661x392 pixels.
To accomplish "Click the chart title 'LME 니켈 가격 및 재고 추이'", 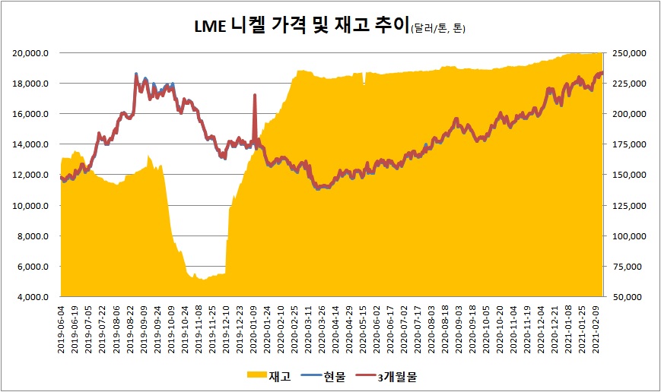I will coord(300,27).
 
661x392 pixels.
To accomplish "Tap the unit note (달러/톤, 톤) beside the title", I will coord(437,30).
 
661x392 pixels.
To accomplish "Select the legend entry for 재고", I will coord(267,375).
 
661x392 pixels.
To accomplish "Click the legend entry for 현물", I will coord(324,375).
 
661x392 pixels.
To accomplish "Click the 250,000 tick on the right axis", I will coord(629,53).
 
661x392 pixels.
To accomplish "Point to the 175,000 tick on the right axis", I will coord(629,144).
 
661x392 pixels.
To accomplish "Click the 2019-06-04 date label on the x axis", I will coord(62,329).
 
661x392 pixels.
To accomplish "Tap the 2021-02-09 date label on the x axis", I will coord(598,329).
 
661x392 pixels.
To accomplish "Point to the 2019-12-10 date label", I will coord(226,329).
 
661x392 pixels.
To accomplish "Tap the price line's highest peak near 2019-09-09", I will coord(136,74).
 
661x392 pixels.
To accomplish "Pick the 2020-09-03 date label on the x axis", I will coord(456,329).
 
